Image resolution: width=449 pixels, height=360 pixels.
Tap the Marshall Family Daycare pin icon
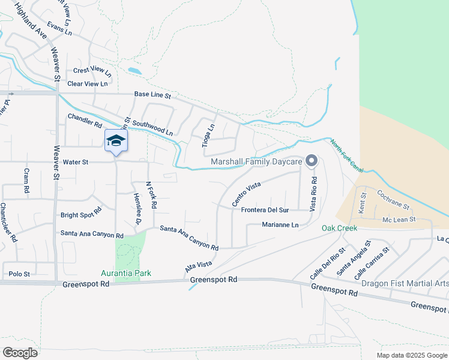(311, 160)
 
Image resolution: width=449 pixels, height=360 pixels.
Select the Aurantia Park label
(126, 273)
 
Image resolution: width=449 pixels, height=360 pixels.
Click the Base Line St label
(152, 95)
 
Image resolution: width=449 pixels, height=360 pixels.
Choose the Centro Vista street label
(247, 193)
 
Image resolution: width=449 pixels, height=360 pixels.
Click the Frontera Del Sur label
(265, 210)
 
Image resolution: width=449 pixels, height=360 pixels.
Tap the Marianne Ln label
(280, 224)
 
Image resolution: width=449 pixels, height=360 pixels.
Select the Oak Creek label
(339, 228)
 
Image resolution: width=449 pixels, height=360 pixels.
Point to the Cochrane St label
(393, 200)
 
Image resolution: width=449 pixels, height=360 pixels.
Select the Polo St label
(19, 274)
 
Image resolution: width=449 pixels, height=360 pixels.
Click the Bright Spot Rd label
(81, 214)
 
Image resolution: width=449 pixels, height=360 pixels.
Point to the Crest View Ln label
(92, 70)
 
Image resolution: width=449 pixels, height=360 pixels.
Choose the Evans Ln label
(59, 29)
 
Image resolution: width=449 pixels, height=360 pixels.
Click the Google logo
(19, 352)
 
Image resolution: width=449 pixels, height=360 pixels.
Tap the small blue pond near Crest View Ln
(135, 71)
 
